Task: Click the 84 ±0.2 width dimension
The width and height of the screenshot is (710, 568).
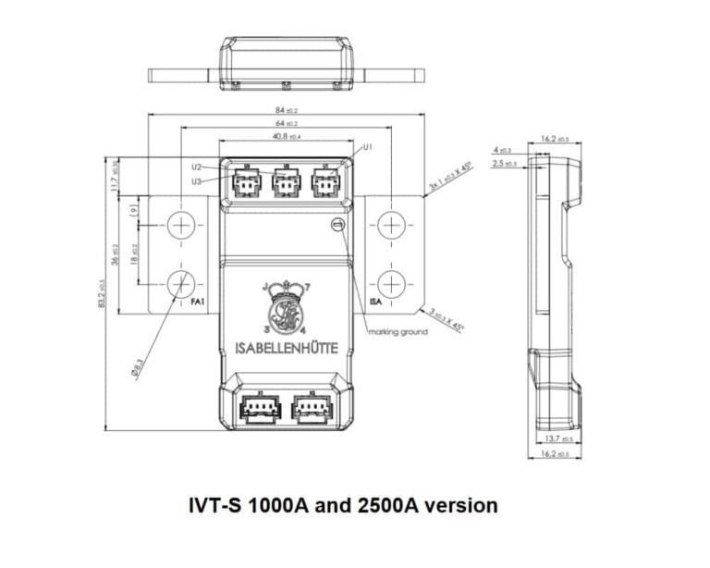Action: point(286,110)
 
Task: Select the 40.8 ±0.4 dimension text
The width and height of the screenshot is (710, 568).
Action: point(286,136)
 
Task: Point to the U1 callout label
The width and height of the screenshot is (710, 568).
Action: point(368,147)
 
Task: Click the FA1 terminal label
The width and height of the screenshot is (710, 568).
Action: point(198,303)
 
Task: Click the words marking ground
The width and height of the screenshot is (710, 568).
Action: point(398,331)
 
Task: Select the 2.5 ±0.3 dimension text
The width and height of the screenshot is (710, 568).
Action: point(505,164)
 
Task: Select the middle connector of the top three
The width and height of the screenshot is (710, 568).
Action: point(286,182)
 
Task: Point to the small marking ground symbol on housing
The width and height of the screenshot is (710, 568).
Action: point(337,225)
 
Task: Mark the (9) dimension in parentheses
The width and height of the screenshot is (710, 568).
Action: point(134,210)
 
